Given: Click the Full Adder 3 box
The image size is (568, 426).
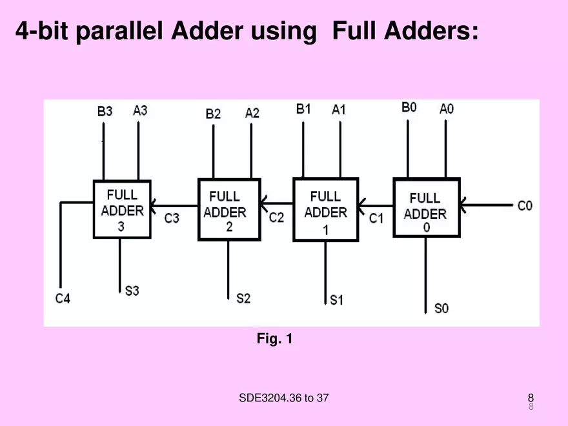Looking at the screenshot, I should (x=122, y=210).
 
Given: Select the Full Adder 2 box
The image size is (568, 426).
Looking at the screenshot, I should (x=229, y=210).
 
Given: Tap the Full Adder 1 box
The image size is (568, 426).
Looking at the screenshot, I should (x=325, y=210).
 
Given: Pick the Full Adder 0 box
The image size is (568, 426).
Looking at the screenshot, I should (x=426, y=208).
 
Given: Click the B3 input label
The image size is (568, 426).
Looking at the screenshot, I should (x=105, y=112).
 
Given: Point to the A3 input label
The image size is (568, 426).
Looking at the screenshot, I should (x=140, y=110).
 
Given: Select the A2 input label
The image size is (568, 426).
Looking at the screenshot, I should (x=252, y=113).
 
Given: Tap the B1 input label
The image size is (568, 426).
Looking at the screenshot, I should (x=303, y=109).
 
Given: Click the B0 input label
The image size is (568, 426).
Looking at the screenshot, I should (x=409, y=107).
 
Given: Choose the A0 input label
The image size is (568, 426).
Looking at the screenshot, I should (x=447, y=109).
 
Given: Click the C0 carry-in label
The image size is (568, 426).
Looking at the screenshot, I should (x=525, y=206).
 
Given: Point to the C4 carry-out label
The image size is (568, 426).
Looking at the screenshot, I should (x=63, y=298).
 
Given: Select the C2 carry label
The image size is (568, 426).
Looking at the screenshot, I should (x=276, y=218).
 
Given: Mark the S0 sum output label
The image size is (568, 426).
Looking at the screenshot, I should (x=441, y=309).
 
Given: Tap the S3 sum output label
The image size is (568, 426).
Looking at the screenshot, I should (x=132, y=291).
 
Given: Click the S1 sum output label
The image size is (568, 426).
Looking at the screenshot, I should (x=336, y=299).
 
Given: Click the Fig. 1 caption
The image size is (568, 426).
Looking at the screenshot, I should (x=274, y=338).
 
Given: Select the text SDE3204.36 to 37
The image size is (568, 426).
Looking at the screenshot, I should (x=283, y=398).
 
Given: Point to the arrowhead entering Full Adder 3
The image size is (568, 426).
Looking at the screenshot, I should (x=153, y=206).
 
